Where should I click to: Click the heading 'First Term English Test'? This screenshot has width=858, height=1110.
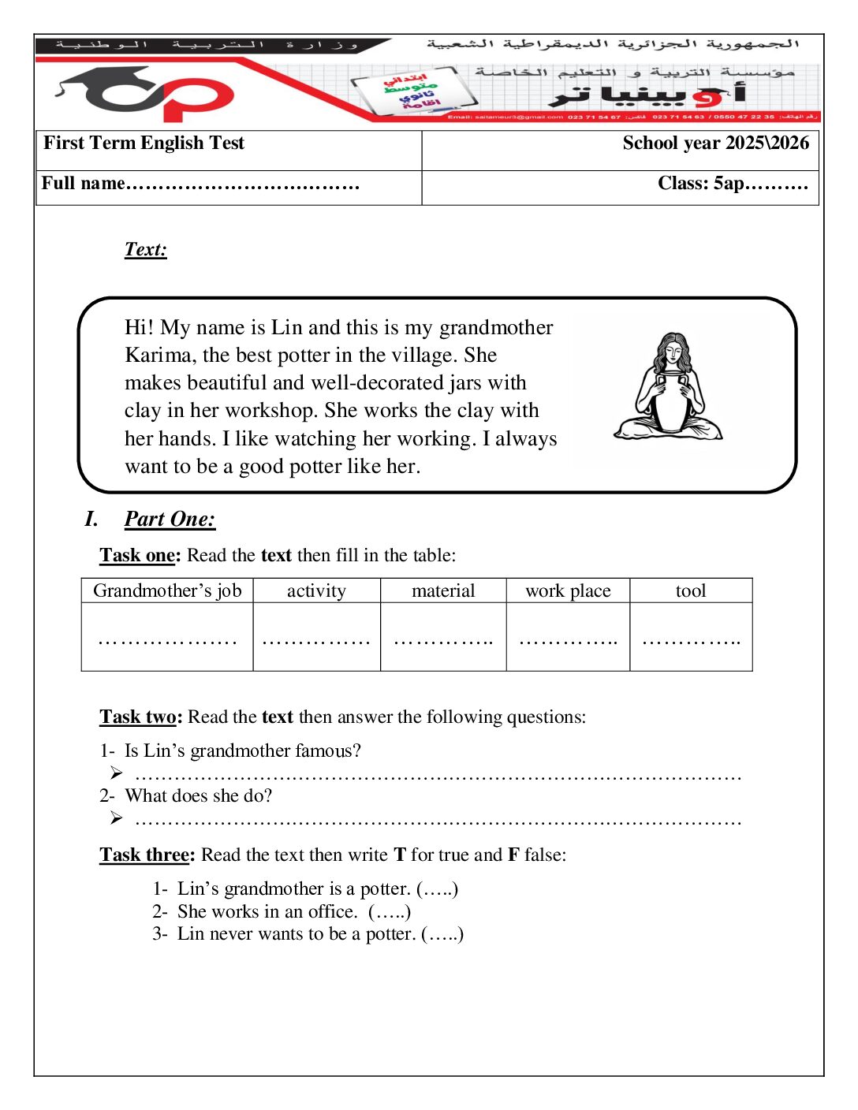click(144, 143)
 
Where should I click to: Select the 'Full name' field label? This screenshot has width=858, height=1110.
click(83, 183)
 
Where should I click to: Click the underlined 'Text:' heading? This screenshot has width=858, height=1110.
click(146, 249)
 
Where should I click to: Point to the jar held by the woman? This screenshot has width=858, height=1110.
click(670, 402)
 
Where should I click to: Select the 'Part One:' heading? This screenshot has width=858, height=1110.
click(170, 519)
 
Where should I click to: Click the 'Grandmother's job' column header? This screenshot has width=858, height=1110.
click(167, 590)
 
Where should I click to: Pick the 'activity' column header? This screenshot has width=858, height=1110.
click(316, 590)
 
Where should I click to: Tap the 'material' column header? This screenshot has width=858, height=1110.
click(443, 590)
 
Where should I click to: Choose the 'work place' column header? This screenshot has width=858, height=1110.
click(568, 590)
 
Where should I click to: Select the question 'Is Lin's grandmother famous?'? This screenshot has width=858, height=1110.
click(242, 751)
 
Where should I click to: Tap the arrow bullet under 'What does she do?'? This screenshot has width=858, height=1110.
click(117, 818)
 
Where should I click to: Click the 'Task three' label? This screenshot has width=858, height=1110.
click(147, 855)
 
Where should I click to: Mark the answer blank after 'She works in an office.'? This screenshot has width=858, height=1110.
click(390, 911)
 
